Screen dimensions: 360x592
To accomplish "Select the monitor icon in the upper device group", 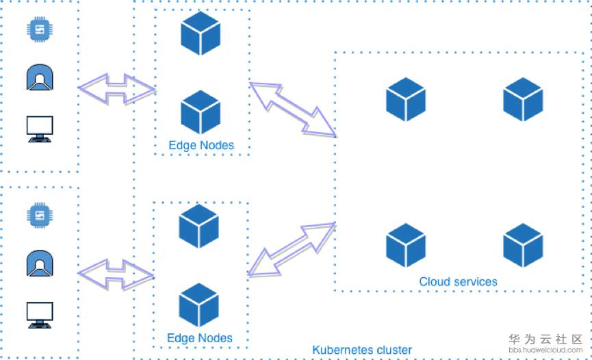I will click(40, 128).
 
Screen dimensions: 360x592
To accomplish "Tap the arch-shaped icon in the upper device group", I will click(40, 78).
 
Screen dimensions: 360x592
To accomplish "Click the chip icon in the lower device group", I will click(40, 216).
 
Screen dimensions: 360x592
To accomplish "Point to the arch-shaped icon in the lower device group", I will click(40, 264).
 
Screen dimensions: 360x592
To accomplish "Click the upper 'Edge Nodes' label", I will click(201, 145).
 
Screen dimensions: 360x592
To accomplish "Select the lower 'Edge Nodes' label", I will click(200, 338).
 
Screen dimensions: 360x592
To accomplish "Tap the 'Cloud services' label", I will click(458, 281).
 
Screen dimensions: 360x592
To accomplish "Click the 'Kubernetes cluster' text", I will click(362, 350).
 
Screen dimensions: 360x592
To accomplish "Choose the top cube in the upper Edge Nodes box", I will click(201, 32).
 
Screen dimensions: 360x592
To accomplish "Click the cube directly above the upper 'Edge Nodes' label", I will click(201, 112).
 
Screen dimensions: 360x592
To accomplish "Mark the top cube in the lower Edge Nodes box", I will click(199, 226).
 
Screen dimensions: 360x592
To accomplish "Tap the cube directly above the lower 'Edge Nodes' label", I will click(199, 305).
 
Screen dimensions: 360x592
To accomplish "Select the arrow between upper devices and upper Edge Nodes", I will click(117, 89).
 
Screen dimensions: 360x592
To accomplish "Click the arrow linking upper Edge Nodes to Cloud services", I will click(293, 110).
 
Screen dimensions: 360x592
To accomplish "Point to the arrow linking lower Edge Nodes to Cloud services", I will click(292, 249).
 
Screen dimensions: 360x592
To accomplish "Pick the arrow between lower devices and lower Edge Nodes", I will click(116, 274).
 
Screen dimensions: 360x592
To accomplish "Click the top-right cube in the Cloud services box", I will click(523, 100).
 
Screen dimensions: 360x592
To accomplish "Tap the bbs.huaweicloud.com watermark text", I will click(545, 350).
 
